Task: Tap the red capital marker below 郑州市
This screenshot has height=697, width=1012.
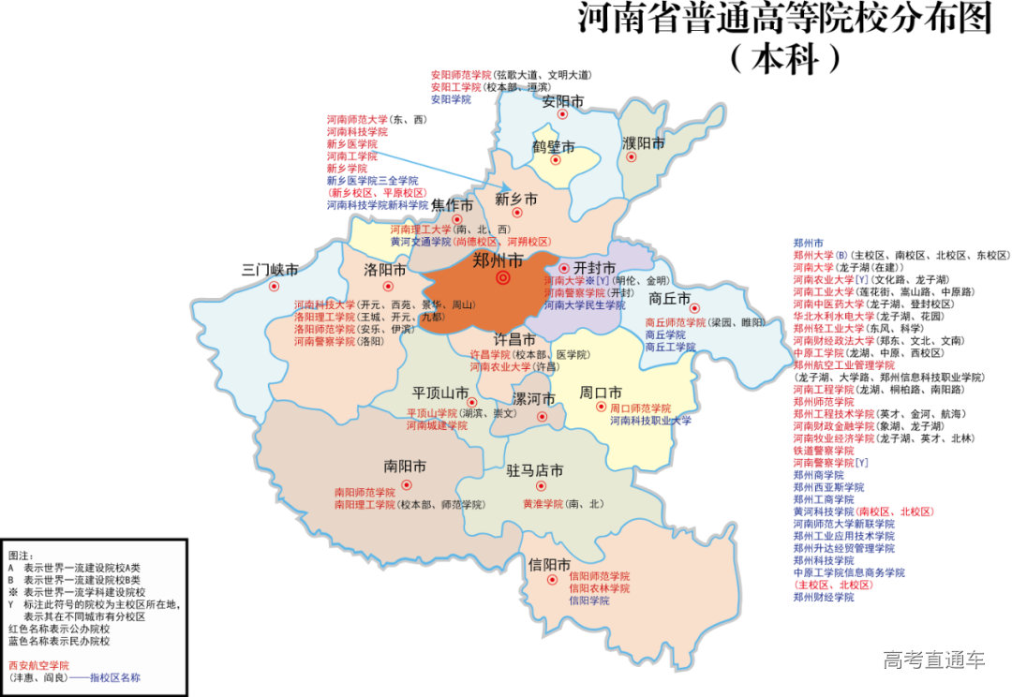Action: (503, 278)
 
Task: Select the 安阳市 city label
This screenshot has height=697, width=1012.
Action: (563, 100)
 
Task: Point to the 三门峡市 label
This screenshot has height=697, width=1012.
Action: (270, 270)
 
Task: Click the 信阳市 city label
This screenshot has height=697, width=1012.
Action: (550, 565)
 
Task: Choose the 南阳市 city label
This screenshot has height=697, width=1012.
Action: (405, 466)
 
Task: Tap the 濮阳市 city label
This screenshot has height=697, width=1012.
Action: (644, 143)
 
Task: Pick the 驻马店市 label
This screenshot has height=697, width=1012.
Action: (535, 470)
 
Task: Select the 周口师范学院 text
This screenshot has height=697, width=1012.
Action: (641, 408)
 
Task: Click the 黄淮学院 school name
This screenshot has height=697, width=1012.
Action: (543, 504)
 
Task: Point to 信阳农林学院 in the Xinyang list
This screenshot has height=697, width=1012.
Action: (600, 588)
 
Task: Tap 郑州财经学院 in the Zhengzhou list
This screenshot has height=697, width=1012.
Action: (824, 597)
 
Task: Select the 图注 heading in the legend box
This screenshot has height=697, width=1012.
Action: (22, 556)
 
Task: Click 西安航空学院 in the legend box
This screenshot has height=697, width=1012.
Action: (38, 664)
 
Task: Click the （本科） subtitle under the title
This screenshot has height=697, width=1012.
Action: (785, 59)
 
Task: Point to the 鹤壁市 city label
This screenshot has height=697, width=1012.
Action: (554, 146)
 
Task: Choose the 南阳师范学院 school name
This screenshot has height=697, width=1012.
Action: (365, 492)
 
